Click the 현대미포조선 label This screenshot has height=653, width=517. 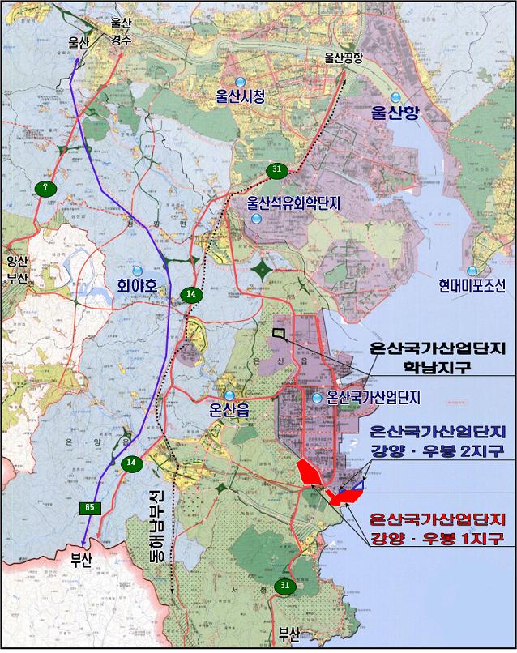point(472,285)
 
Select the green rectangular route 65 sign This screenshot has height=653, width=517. point(88,506)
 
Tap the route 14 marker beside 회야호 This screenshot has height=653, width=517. point(190,293)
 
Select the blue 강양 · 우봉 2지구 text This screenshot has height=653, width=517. point(437,450)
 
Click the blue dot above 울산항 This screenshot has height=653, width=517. point(395,97)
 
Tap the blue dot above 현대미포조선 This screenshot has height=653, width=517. point(472,271)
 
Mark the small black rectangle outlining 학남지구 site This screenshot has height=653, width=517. point(280,332)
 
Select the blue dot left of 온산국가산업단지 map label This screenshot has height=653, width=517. point(318,397)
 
